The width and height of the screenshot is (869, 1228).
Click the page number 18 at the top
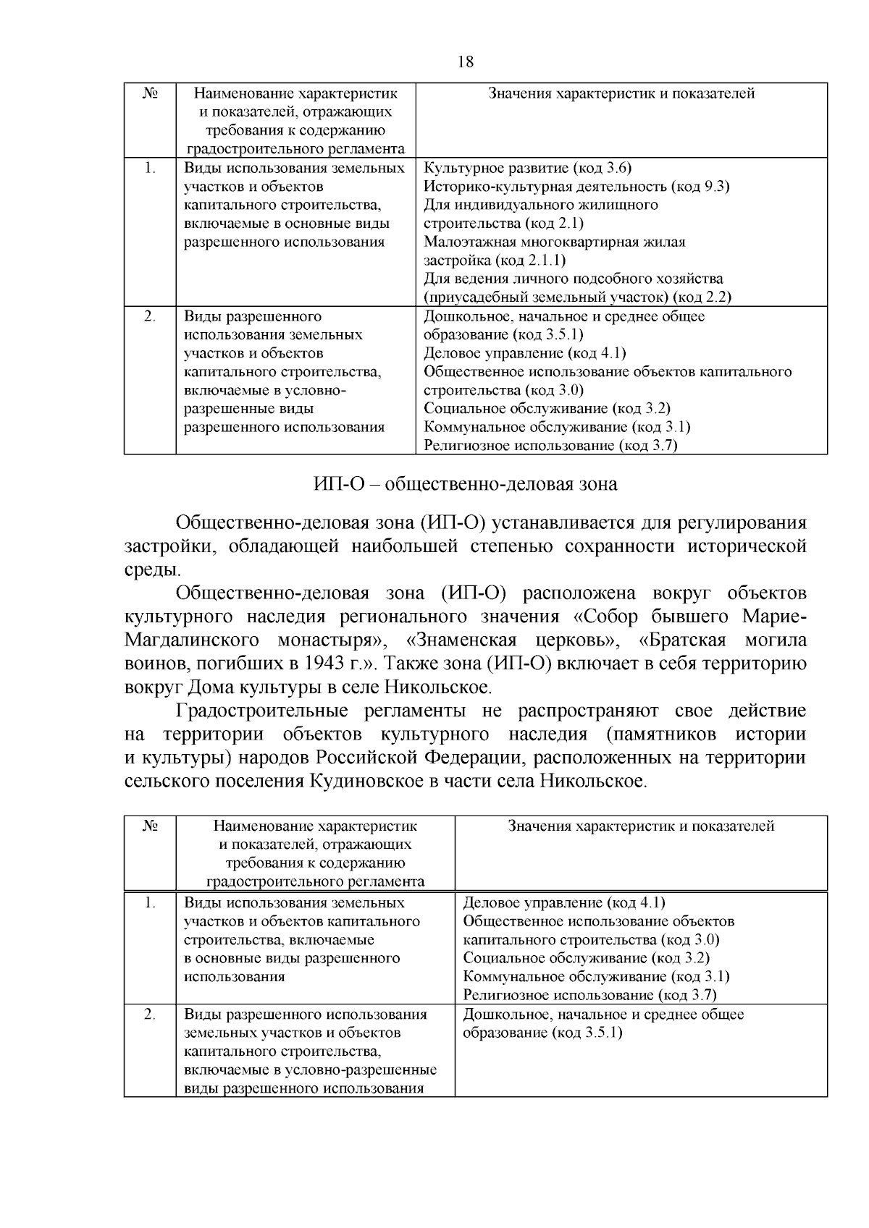pyautogui.click(x=466, y=62)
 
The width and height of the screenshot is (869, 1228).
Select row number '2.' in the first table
pyautogui.click(x=149, y=316)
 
